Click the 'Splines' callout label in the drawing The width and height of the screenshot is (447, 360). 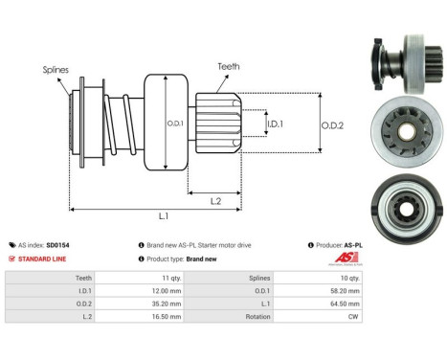click(x=55, y=69)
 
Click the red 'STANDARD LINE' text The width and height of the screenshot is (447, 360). click(x=41, y=259)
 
